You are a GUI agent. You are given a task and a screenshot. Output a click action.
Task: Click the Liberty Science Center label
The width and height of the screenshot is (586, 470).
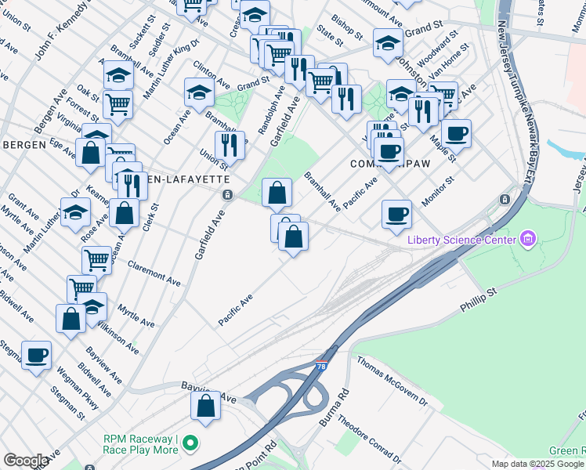461,240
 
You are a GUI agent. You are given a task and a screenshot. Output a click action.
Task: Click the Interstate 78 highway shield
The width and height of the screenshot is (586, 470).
322,366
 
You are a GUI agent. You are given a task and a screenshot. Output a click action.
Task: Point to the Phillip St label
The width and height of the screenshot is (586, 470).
479,302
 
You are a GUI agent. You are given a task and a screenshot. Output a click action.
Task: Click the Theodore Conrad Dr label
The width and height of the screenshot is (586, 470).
367,432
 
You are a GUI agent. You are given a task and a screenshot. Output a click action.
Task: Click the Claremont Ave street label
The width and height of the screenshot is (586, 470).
154,272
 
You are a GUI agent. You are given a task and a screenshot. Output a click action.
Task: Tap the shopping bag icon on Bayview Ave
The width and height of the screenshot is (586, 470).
205,406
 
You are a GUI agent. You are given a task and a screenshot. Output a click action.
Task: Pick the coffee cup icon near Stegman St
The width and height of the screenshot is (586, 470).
36,356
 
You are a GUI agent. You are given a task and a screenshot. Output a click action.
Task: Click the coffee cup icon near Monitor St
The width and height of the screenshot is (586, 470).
397,213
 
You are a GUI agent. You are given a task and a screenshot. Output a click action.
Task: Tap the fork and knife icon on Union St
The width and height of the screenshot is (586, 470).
230,144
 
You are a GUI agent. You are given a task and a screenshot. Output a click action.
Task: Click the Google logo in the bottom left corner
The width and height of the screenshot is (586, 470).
26,461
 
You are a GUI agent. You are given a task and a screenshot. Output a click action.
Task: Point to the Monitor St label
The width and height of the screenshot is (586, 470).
439,191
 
